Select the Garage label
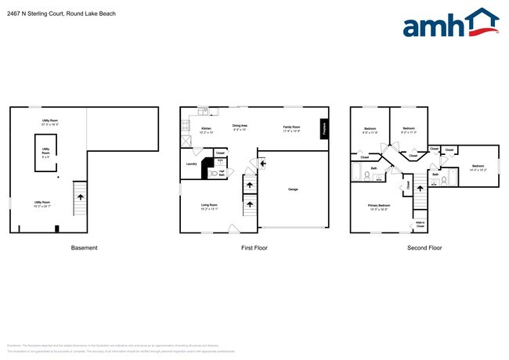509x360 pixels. pos(293,189)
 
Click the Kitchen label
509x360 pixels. pos(206,129)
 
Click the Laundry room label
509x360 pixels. pos(191,164)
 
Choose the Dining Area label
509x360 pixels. pos(240,128)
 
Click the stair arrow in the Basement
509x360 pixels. pos(78,199)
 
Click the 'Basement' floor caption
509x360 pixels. pos(85,248)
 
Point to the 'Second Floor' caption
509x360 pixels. pos(424,248)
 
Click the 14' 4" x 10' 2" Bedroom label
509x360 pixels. pos(478,167)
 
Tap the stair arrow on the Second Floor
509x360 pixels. pos(420,185)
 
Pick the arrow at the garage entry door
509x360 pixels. pos(262,163)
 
